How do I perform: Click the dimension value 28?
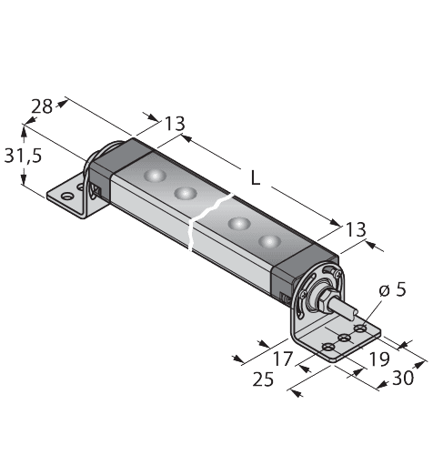tap(42, 106)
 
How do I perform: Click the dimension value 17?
tap(285, 358)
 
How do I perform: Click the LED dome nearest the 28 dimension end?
tap(155, 175)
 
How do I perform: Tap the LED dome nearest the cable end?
tap(268, 241)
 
